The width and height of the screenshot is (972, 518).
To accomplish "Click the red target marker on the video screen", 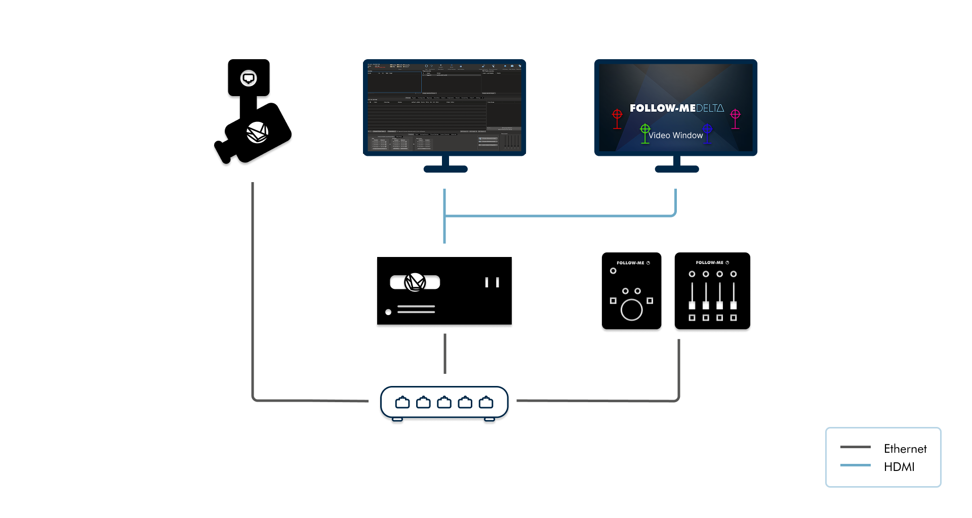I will [x=617, y=116].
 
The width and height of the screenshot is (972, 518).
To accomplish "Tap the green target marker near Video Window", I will [x=645, y=131].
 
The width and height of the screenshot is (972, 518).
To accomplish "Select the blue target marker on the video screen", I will [x=707, y=130].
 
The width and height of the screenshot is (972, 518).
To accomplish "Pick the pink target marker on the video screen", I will [x=735, y=116].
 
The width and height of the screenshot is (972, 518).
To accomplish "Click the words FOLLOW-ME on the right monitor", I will [x=662, y=108].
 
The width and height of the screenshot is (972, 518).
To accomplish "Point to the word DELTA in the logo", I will [x=710, y=108].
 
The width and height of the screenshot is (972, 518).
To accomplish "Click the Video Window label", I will [x=675, y=136].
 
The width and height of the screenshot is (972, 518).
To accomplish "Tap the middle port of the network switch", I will [x=444, y=403].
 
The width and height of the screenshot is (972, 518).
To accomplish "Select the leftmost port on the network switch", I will [x=402, y=403].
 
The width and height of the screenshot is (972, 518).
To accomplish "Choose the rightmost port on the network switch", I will [x=486, y=403].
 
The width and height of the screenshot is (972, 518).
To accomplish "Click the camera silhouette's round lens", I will [x=249, y=79].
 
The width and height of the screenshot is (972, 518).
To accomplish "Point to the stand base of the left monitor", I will [x=445, y=169].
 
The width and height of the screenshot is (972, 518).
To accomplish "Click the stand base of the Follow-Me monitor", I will [x=677, y=169].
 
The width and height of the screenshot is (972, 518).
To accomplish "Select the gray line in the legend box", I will [x=855, y=447].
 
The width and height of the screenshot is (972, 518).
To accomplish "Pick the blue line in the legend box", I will [x=855, y=465].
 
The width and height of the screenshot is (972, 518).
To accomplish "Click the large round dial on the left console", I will [x=631, y=309].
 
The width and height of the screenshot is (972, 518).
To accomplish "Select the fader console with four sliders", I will [x=712, y=293].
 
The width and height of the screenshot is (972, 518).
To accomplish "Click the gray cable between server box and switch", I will [x=444, y=354].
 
